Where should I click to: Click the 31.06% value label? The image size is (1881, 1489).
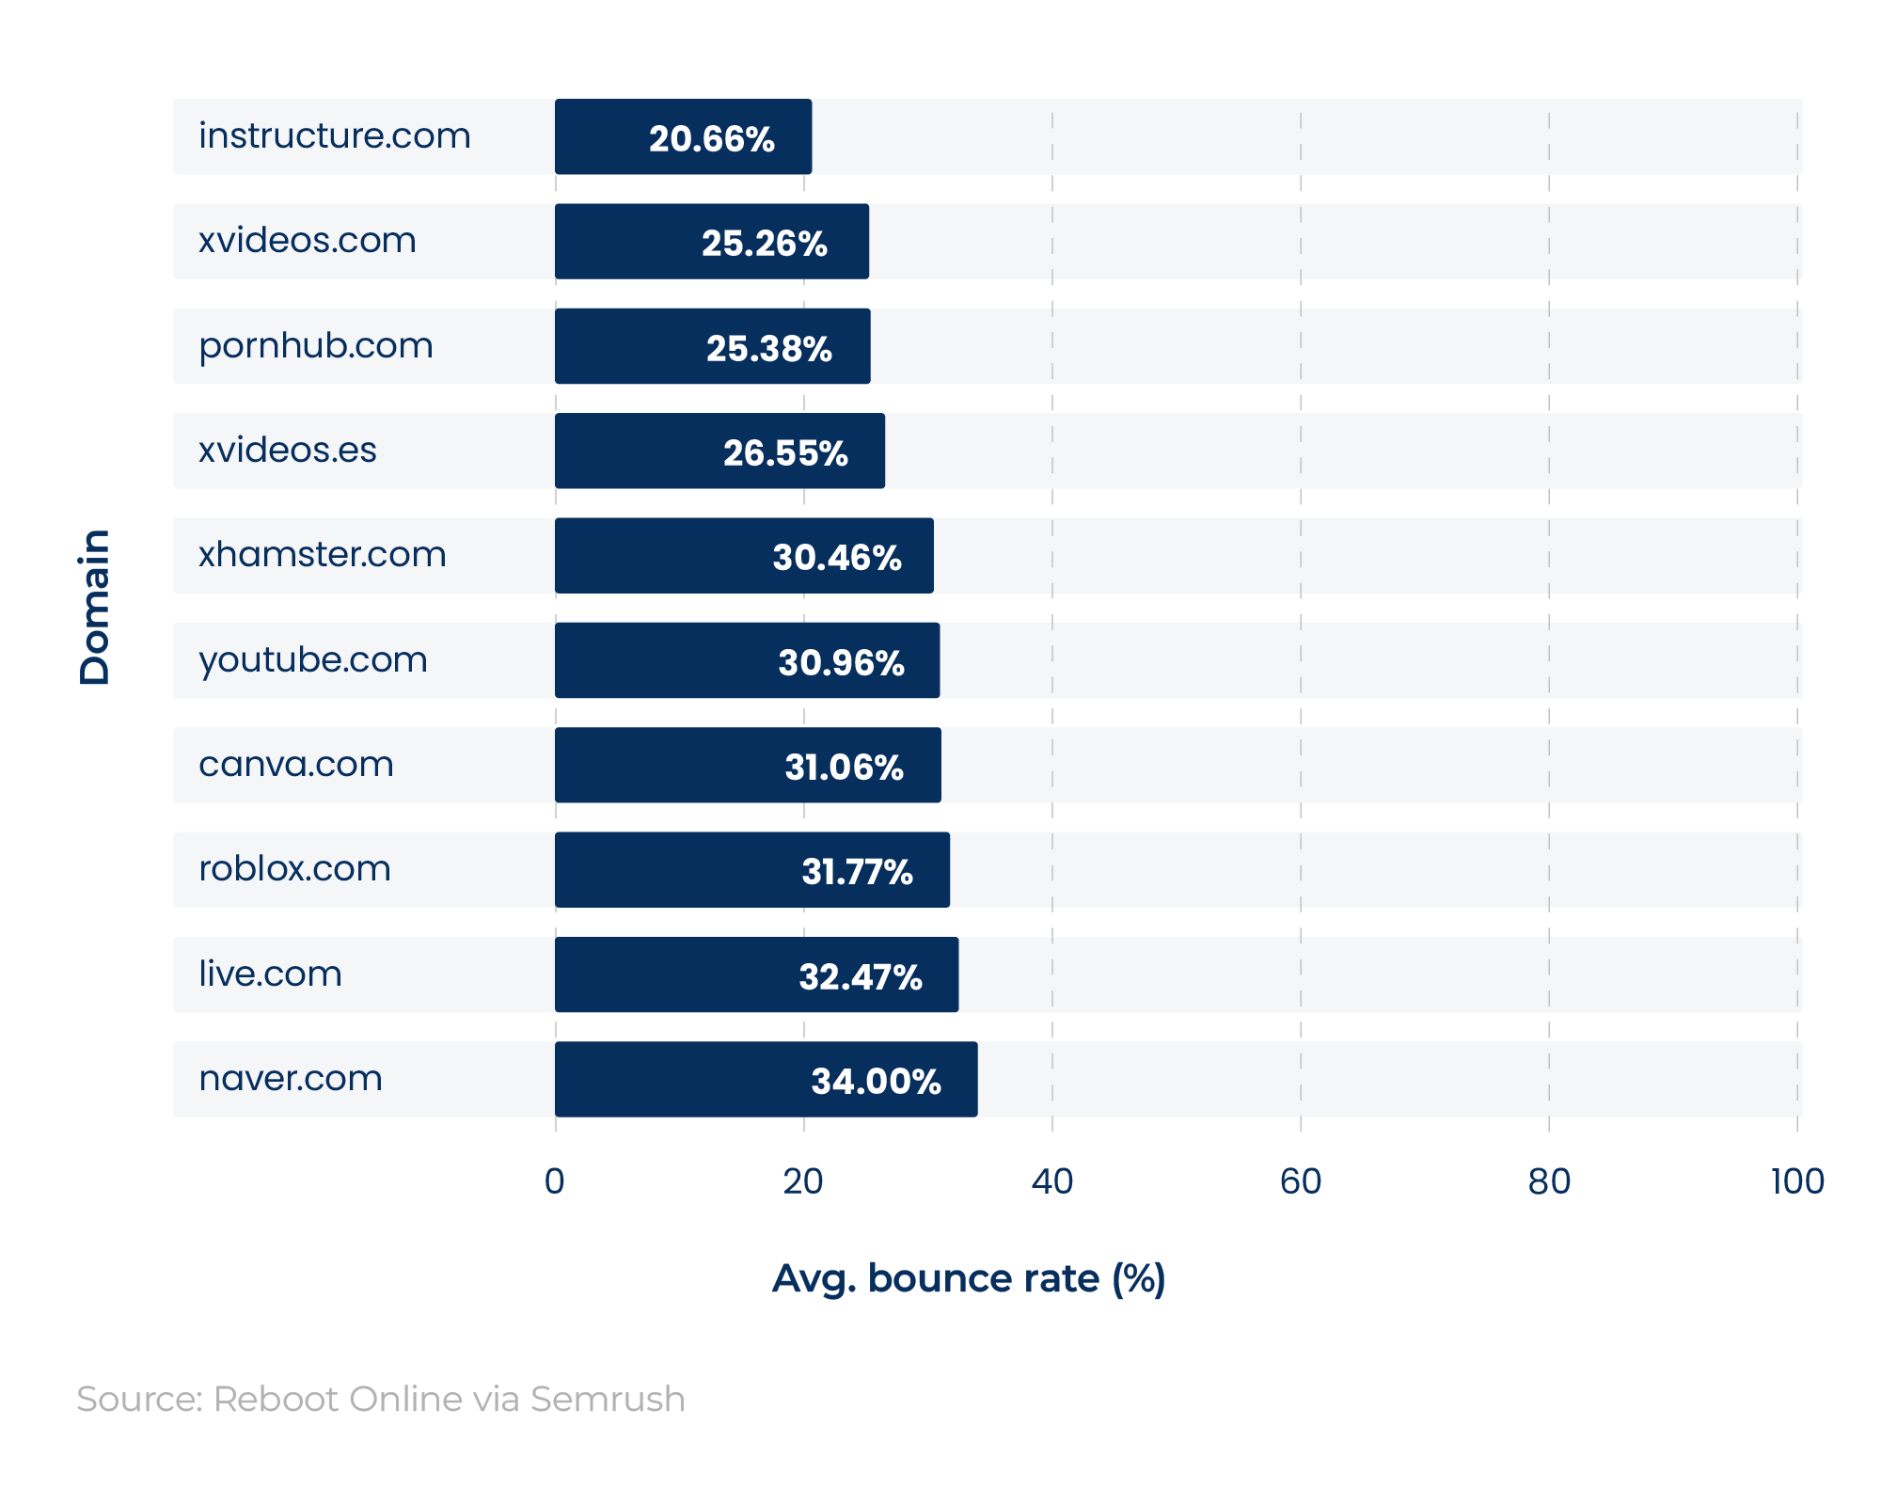[844, 767]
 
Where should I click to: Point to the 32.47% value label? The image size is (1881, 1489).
[860, 976]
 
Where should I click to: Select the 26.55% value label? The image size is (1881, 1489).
[785, 452]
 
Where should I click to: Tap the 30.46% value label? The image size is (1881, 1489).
[837, 557]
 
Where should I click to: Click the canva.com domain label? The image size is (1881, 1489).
[295, 764]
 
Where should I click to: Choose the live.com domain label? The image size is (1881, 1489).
[270, 974]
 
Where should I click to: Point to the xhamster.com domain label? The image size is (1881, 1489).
[322, 554]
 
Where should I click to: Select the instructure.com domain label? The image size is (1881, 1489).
[334, 135]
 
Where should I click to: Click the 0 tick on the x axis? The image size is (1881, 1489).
[555, 1181]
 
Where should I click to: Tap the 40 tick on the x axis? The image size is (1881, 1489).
[1051, 1181]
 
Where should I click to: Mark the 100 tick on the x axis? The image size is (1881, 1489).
[1796, 1181]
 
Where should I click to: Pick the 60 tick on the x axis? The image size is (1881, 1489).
[1300, 1181]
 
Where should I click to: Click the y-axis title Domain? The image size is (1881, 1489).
[95, 607]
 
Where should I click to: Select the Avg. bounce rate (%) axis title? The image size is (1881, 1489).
[969, 1278]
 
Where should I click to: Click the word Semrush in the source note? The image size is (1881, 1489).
[608, 1399]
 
